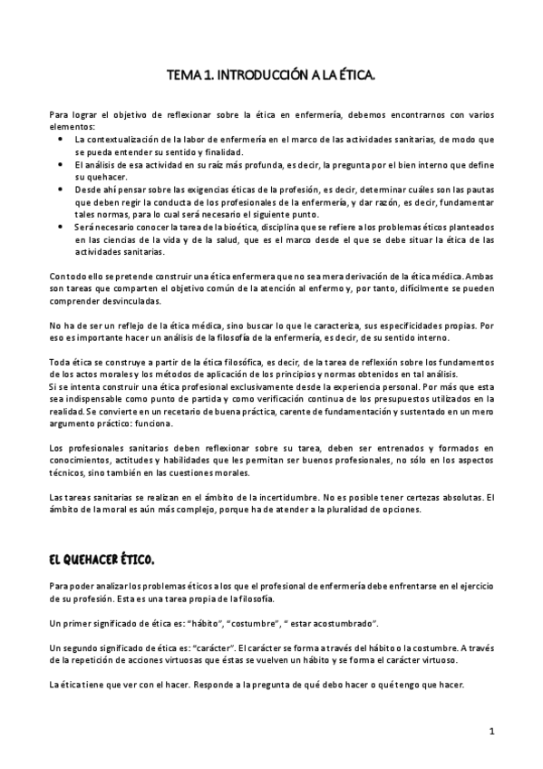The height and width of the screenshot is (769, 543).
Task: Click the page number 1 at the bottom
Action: coord(490,730)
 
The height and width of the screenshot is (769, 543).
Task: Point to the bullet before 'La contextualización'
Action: coord(60,139)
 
